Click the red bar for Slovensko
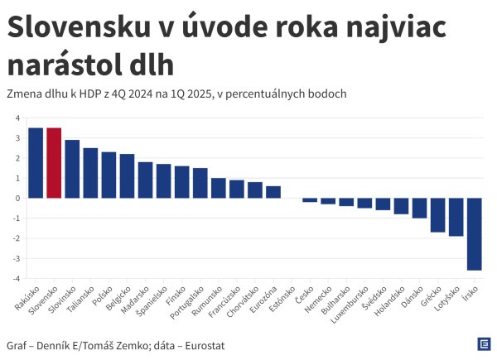click(54, 163)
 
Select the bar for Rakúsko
click(36, 163)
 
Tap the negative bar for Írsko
click(475, 233)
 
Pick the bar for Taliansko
click(90, 173)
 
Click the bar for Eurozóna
click(273, 192)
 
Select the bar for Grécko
click(438, 214)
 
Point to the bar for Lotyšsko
click(456, 217)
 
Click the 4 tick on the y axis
click(17, 118)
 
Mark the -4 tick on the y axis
click(16, 279)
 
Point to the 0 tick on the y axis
click(17, 199)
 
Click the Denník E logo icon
click(483, 344)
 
